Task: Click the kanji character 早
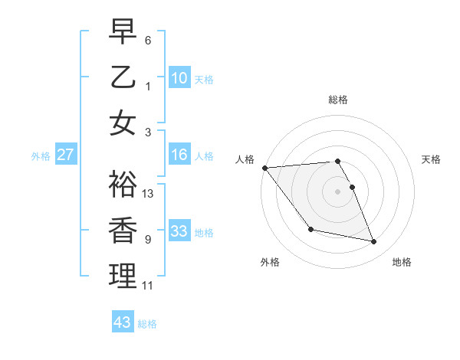pos(123,31)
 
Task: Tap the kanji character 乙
pos(123,77)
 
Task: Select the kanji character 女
pos(123,123)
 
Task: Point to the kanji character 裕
pos(123,184)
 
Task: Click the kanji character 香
pos(123,231)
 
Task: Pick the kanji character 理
pos(123,276)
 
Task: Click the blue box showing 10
pos(179,78)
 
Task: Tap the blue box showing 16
pos(179,155)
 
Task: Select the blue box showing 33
pos(179,231)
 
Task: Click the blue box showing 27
pos(66,155)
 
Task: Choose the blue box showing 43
pos(123,322)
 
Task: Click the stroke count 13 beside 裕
pos(149,194)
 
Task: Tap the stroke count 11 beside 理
pos(148,286)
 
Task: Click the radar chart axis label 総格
pos(338,100)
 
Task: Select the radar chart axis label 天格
pos(432,159)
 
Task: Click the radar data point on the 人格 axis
pos(264,168)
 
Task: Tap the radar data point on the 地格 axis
pos(374,242)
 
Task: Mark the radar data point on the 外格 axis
pos(310,229)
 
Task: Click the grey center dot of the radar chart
pos(338,191)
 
